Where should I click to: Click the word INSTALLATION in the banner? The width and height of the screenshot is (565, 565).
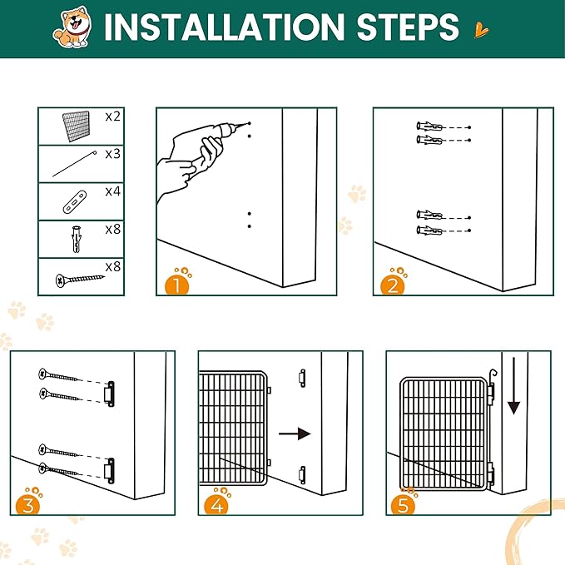pos(224,27)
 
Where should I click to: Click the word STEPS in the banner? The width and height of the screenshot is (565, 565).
pos(408,27)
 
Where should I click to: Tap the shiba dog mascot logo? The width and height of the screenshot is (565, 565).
pos(72,27)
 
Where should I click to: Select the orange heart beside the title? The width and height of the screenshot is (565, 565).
pos(481,30)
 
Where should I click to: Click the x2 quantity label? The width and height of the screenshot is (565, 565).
pos(113,116)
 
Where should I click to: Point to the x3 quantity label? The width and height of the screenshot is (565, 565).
pos(113,154)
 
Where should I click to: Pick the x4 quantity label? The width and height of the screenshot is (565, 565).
pos(113,191)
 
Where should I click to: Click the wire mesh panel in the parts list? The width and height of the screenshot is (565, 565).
pos(76,126)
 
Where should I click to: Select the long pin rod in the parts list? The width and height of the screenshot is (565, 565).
pos(75,164)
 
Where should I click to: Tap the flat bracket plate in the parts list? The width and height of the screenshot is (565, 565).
pos(75,201)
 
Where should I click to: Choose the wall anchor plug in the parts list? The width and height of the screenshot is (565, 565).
pos(77,239)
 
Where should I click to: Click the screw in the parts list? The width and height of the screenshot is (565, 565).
pos(80,280)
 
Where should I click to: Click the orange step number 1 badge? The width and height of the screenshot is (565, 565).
pos(177,285)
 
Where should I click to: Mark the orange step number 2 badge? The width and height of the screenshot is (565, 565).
pos(393,285)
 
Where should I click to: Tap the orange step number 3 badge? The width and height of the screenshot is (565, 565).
pos(27,504)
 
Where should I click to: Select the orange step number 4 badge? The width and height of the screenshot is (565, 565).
pos(216,504)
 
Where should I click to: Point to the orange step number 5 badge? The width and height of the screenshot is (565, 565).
pos(403,504)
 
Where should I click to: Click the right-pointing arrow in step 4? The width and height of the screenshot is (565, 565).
pos(295,434)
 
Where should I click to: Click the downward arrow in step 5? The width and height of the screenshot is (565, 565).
pos(513,385)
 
